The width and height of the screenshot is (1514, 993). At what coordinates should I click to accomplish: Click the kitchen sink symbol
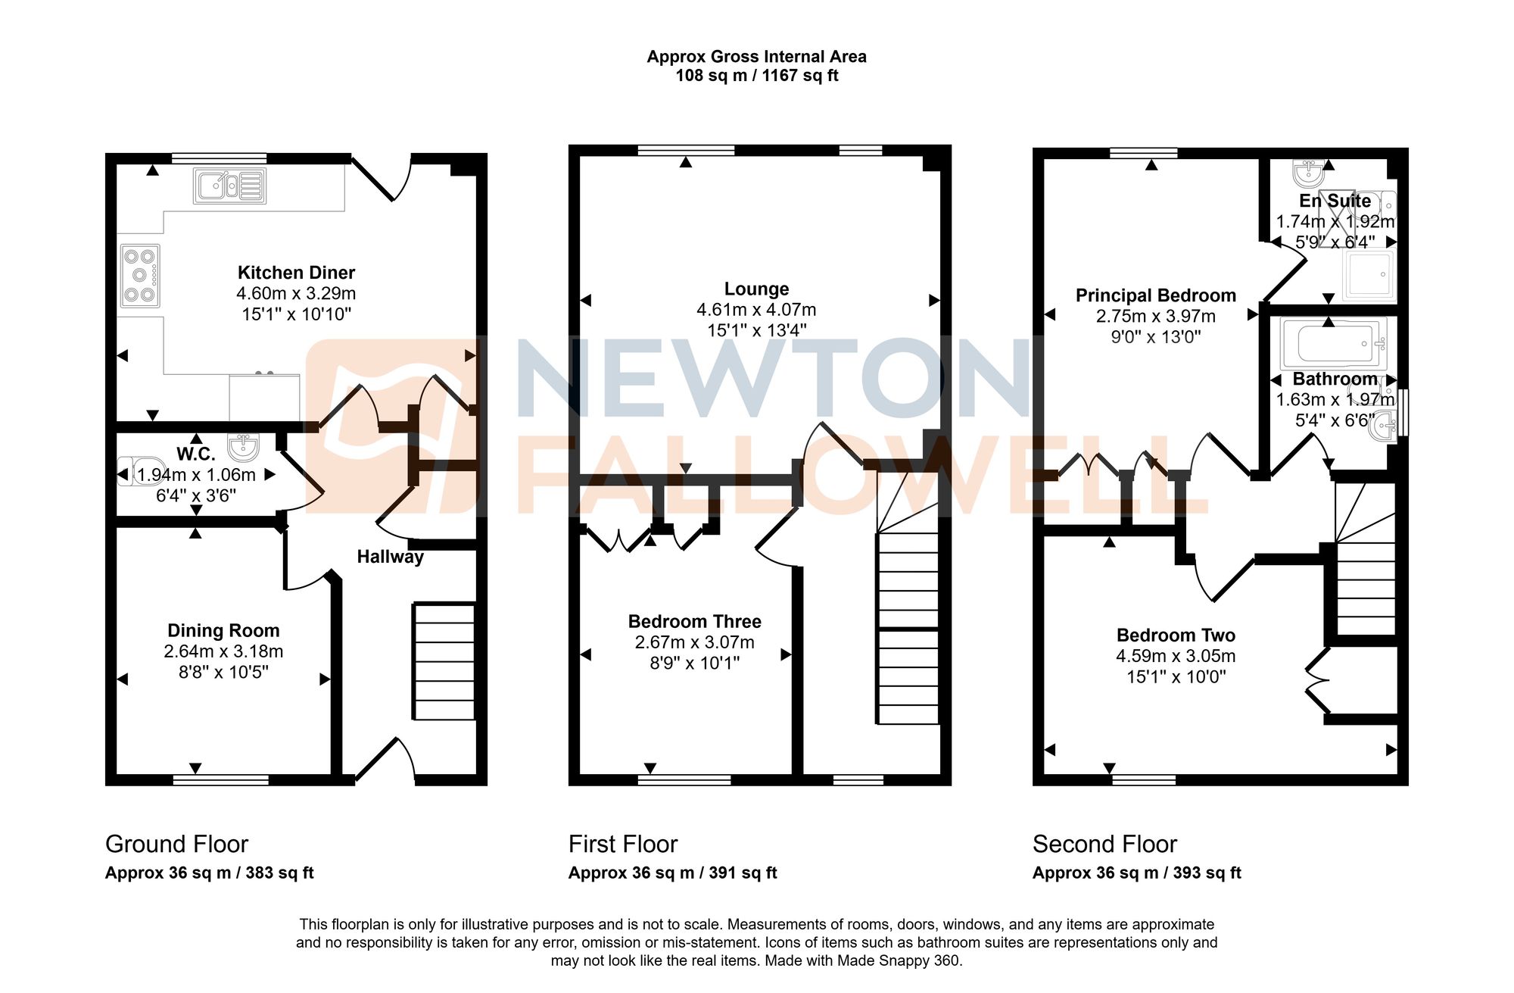(x=229, y=186)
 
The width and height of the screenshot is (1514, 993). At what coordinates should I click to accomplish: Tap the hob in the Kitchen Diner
(x=140, y=276)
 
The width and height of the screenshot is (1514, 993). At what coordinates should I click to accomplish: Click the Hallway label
(x=390, y=557)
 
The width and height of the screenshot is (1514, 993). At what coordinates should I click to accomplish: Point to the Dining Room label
(x=223, y=630)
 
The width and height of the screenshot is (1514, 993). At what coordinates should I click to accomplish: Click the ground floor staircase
(x=444, y=660)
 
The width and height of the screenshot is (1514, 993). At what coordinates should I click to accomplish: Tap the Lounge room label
(x=756, y=289)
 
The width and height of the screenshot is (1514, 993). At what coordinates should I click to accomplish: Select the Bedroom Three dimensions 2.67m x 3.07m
(x=694, y=642)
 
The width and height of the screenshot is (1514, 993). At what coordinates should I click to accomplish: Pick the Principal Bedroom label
(x=1155, y=295)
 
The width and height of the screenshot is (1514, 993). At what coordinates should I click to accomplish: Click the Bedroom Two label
(x=1175, y=635)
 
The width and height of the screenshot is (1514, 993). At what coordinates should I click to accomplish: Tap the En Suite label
(x=1335, y=201)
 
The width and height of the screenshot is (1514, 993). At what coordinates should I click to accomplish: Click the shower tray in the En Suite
(x=1369, y=276)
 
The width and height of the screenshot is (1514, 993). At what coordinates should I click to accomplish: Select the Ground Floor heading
(x=176, y=844)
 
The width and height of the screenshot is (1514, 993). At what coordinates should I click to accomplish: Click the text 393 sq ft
(x=1207, y=873)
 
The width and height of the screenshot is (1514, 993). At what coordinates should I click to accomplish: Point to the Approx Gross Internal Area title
(x=756, y=57)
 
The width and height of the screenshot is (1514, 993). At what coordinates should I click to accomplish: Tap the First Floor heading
(x=622, y=844)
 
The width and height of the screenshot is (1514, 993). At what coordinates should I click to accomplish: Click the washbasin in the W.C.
(x=243, y=447)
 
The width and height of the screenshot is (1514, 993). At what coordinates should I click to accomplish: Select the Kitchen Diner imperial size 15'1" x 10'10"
(x=296, y=314)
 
